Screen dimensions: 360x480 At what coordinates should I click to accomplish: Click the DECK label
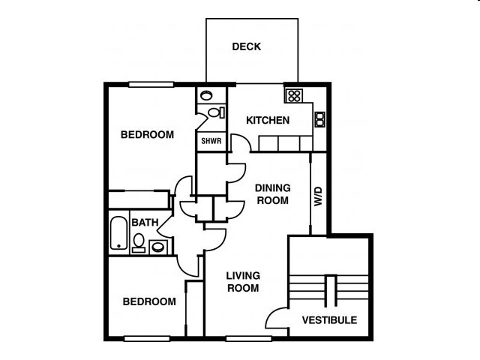click(x=246, y=46)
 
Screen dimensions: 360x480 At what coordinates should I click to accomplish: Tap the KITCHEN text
click(x=268, y=120)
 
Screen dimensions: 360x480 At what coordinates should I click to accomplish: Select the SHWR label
click(x=209, y=141)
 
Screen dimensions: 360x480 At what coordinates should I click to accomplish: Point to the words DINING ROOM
click(x=272, y=194)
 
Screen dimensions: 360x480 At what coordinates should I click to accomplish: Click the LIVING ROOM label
click(x=243, y=282)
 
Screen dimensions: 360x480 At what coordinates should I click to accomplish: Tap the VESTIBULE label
click(x=329, y=320)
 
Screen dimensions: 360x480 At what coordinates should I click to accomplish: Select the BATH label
click(x=145, y=223)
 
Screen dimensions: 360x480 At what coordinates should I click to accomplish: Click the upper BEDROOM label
click(x=147, y=135)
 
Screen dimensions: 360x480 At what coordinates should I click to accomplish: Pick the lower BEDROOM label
click(x=149, y=301)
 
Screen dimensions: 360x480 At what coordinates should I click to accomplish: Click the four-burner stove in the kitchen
click(x=293, y=96)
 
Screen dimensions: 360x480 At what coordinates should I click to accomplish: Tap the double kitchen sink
click(x=319, y=118)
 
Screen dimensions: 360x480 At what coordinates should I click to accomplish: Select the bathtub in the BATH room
click(x=118, y=233)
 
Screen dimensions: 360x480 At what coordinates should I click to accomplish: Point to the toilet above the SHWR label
click(x=214, y=112)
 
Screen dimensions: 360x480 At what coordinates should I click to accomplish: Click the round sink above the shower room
click(x=206, y=96)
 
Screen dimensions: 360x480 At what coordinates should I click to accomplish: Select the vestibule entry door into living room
click(x=277, y=319)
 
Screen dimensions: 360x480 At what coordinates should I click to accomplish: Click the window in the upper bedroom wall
click(x=151, y=84)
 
